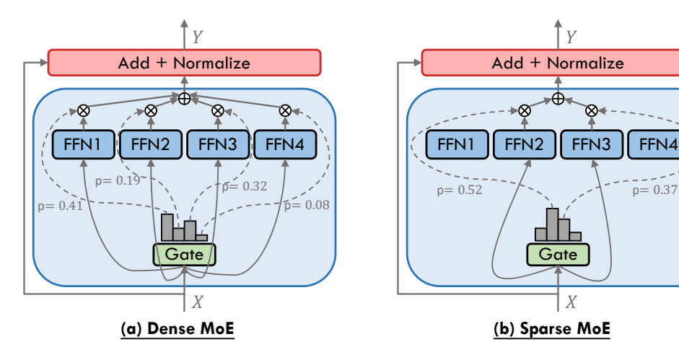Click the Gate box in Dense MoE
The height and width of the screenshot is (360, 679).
[x=184, y=254]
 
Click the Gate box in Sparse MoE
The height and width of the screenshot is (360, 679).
[x=558, y=254]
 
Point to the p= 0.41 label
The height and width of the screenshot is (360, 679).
[x=59, y=206]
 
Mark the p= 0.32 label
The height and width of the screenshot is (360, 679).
[x=245, y=186]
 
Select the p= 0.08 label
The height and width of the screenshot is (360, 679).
[x=307, y=205]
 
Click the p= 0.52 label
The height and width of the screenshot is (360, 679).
[x=460, y=190]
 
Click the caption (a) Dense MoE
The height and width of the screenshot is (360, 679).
[x=184, y=330]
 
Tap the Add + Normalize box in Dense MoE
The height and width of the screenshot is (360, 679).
[x=184, y=63]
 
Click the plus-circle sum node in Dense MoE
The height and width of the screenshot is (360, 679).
[x=184, y=98]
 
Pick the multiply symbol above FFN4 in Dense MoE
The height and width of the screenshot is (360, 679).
[x=285, y=110]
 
